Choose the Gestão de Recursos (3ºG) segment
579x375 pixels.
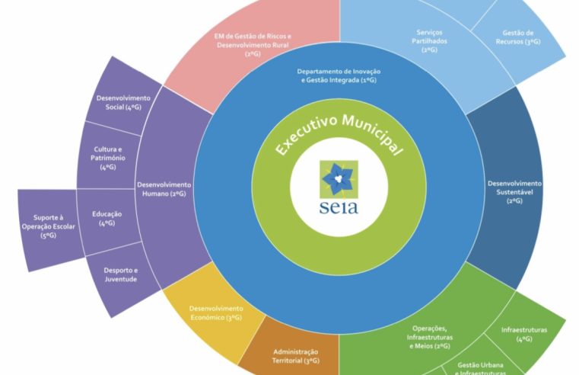(x=521, y=38)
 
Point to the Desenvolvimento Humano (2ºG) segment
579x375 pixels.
(x=163, y=188)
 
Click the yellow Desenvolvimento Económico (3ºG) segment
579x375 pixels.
(x=216, y=312)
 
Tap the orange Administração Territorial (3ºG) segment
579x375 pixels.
(x=296, y=354)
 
